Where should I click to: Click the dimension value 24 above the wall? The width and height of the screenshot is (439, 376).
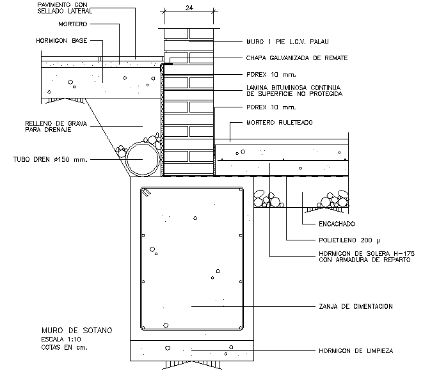[x=189, y=8]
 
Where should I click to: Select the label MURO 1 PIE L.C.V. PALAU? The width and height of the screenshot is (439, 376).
[x=287, y=42]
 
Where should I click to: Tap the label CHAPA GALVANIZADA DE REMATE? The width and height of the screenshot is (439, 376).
[x=297, y=58]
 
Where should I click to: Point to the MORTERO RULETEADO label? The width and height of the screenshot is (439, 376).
[x=280, y=123]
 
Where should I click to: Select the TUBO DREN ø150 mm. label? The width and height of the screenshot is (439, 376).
[x=51, y=159]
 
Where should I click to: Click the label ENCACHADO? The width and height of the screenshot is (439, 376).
[x=337, y=224]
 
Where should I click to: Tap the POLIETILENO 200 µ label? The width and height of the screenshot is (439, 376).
[x=349, y=240]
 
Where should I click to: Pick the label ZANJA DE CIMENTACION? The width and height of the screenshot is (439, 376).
[x=356, y=306]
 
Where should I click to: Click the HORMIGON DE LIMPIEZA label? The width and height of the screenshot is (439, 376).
[x=356, y=350]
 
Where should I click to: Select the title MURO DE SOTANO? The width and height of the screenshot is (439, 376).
[x=77, y=331]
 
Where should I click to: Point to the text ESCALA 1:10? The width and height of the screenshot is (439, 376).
[x=61, y=340]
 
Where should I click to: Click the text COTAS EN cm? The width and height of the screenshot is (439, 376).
[x=65, y=347]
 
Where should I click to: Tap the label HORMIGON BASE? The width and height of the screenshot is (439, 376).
[x=61, y=41]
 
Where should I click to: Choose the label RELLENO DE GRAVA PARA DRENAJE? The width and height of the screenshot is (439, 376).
[x=56, y=127]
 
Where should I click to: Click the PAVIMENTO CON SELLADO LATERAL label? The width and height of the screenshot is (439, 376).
[x=65, y=8]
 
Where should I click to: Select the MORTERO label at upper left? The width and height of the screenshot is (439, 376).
[x=73, y=24]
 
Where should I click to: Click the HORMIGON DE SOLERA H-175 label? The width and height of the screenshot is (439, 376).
[x=367, y=254]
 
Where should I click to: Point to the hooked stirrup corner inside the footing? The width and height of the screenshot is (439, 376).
[x=146, y=192]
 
